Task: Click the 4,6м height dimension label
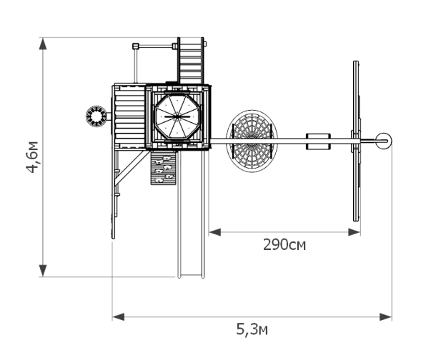pyautogui.click(x=32, y=157)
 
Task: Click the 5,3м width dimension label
pyautogui.click(x=252, y=329)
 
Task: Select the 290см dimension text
pyautogui.click(x=284, y=245)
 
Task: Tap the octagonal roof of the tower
pyautogui.click(x=177, y=116)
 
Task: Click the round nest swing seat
pyautogui.click(x=252, y=141)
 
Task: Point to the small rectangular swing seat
pyautogui.click(x=318, y=141)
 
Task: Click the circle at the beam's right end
pyautogui.click(x=383, y=141)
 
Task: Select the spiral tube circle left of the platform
pyautogui.click(x=96, y=116)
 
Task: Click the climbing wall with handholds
pyautogui.click(x=163, y=168)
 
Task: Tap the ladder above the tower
pyautogui.click(x=191, y=61)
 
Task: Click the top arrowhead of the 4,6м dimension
pyautogui.click(x=43, y=44)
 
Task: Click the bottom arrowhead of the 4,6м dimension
pyautogui.click(x=43, y=271)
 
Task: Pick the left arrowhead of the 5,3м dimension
pyautogui.click(x=119, y=316)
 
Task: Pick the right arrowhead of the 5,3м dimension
pyautogui.click(x=385, y=316)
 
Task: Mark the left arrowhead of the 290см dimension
pyautogui.click(x=215, y=232)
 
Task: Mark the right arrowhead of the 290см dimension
pyautogui.click(x=354, y=232)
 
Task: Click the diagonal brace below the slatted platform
pyautogui.click(x=132, y=168)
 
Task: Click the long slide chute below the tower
pyautogui.click(x=191, y=214)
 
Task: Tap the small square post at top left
pyautogui.click(x=135, y=46)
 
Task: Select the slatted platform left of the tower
pyautogui.click(x=129, y=116)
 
